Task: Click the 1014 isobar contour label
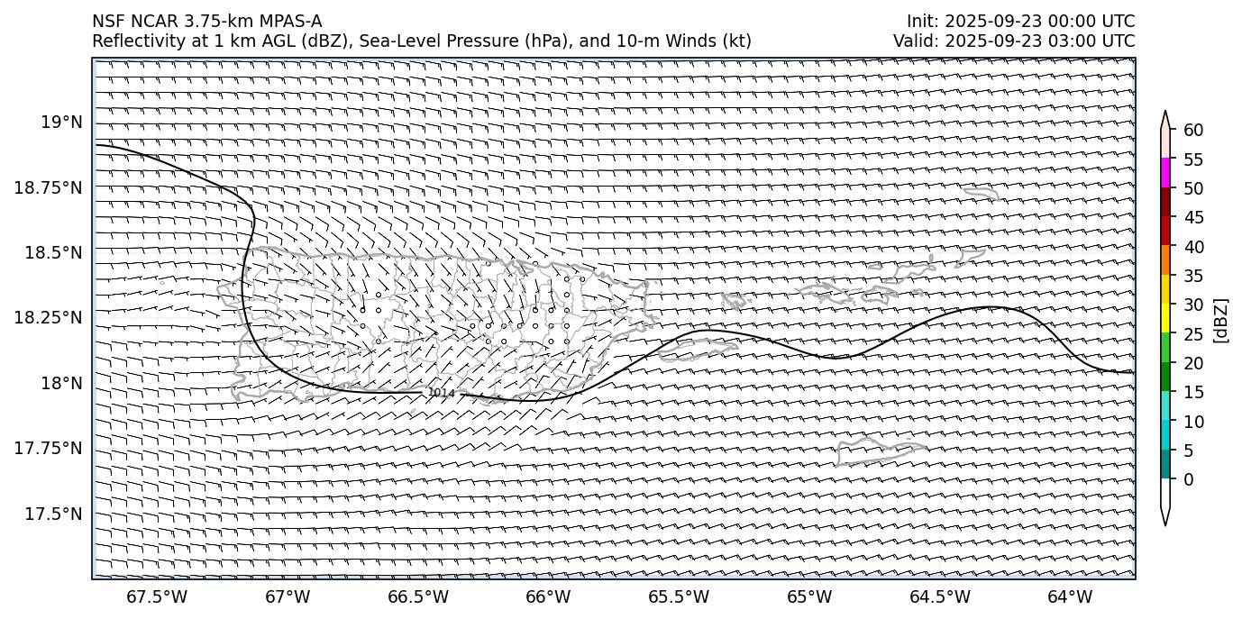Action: point(441,393)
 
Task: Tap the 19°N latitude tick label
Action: point(61,122)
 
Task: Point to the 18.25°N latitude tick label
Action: point(50,317)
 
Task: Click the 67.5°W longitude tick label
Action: point(157,596)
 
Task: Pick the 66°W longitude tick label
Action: point(548,596)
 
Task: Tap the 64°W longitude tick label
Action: point(1070,596)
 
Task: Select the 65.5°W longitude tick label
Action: point(679,596)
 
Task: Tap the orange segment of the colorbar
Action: point(1165,259)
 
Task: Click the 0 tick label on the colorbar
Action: point(1188,479)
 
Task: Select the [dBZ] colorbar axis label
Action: point(1221,320)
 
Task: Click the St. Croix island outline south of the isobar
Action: point(879,449)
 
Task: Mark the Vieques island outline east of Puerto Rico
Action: point(699,349)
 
